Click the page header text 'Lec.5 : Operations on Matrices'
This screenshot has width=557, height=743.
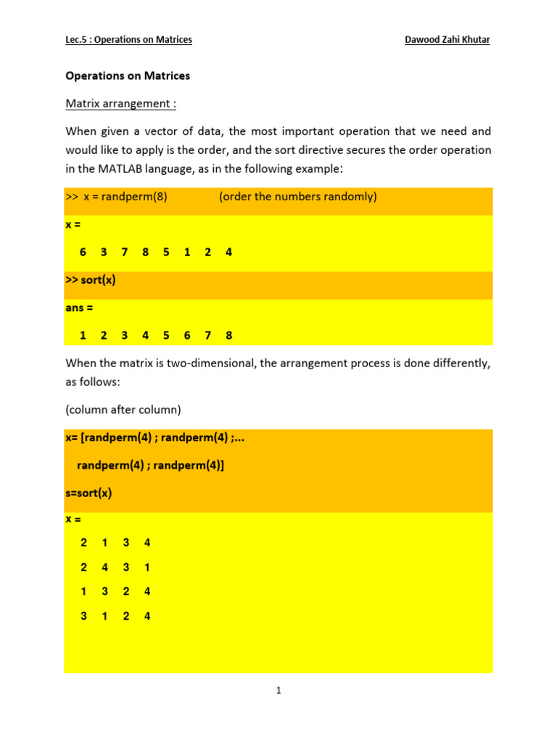click(128, 40)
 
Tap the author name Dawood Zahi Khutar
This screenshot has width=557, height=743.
click(447, 40)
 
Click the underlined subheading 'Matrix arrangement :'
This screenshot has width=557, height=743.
click(120, 104)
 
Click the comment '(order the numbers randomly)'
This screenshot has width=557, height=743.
click(297, 197)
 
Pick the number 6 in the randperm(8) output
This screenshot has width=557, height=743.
click(83, 253)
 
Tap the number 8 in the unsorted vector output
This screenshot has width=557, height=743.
click(146, 253)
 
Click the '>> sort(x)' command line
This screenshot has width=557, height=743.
click(90, 280)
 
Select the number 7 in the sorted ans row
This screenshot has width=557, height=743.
click(208, 335)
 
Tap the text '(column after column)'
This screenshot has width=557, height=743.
click(123, 409)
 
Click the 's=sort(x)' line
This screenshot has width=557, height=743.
click(88, 493)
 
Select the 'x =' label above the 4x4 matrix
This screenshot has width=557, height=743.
click(73, 520)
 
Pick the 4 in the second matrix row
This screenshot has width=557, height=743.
click(104, 567)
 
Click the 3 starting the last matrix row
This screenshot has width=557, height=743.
click(83, 616)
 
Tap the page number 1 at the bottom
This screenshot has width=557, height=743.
click(278, 691)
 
